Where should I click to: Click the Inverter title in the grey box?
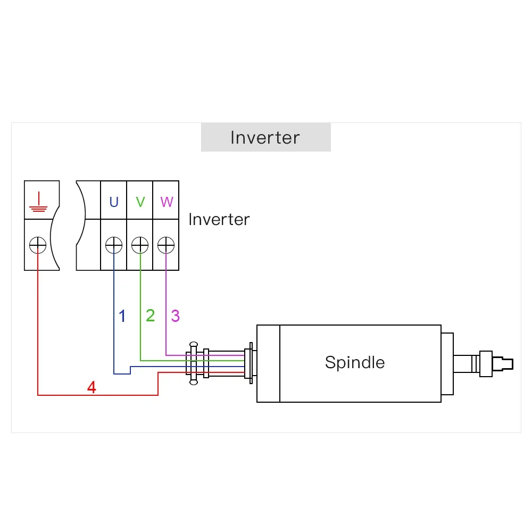(x=265, y=137)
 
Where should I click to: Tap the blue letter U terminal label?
(x=114, y=202)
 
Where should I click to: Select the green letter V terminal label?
(x=140, y=202)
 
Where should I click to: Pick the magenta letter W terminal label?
(x=167, y=202)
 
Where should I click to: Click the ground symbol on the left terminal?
(x=38, y=201)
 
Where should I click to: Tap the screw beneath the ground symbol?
(x=38, y=245)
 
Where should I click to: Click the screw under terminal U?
(x=114, y=245)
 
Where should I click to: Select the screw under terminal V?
(x=140, y=245)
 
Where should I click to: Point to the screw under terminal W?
(x=167, y=245)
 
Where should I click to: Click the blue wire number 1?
(x=122, y=316)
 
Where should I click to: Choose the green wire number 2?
(x=150, y=315)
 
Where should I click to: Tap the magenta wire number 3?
(x=175, y=316)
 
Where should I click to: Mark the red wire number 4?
(x=92, y=387)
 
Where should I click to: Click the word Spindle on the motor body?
(x=354, y=362)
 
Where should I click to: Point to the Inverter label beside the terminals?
(x=219, y=219)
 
